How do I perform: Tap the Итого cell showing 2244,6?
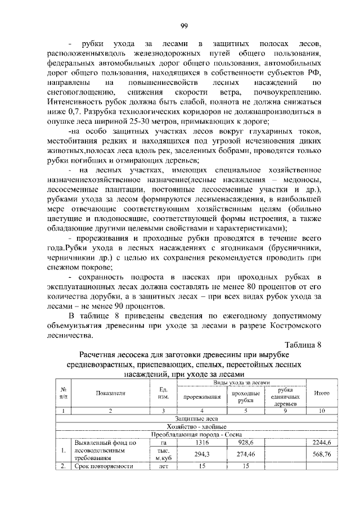pos(321,443)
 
